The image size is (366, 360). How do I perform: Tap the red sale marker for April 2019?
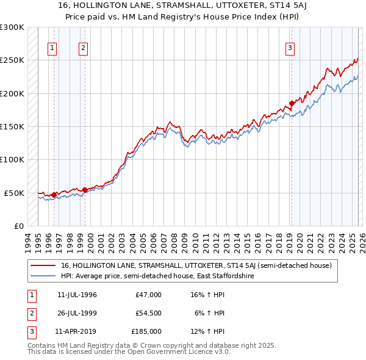[292, 103]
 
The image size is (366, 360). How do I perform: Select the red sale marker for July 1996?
[54, 195]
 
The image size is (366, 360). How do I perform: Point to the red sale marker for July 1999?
[85, 190]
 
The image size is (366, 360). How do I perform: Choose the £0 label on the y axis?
[18, 226]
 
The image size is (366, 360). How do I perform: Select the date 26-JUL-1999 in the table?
[76, 313]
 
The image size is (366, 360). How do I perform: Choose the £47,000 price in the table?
[148, 295]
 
